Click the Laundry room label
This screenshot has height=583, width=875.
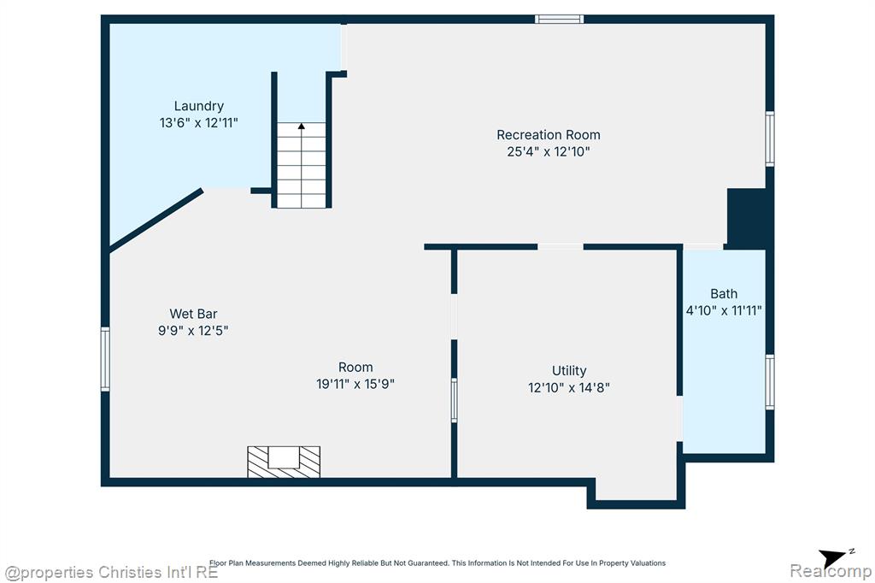point(198,106)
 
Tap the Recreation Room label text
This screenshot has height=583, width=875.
point(549,135)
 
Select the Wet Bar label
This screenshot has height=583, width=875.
point(193,314)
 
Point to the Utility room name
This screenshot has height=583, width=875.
point(569,371)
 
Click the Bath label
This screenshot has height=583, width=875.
point(724,294)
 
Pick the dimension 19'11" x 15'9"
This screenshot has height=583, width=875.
point(355,384)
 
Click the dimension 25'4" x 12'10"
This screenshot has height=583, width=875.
point(549,152)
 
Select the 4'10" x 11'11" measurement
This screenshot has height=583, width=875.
point(724,310)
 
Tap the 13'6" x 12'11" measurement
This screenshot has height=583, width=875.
point(198,123)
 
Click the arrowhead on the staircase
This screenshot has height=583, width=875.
point(302,127)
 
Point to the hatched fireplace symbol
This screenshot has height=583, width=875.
point(284,462)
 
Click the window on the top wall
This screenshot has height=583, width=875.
point(559,20)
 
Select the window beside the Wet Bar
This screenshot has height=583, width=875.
point(105,359)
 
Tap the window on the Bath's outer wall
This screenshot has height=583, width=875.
point(770,382)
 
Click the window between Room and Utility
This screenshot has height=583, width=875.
point(455,400)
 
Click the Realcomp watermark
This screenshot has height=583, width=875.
point(831,571)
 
